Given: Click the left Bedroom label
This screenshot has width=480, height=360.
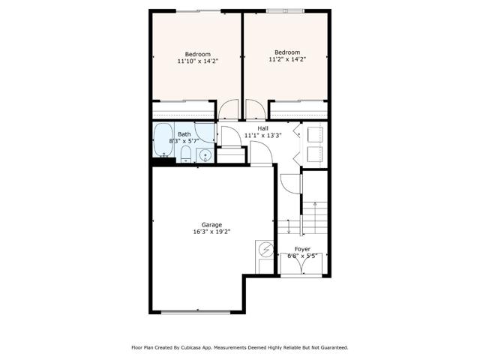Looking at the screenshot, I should [x=198, y=54].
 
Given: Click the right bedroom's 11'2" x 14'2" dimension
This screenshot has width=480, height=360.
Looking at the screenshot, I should [x=288, y=59].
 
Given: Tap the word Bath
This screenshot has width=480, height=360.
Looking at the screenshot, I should [x=184, y=133].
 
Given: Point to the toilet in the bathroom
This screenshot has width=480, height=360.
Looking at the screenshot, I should [x=184, y=155].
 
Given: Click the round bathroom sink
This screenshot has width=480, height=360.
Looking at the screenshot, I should [x=203, y=155].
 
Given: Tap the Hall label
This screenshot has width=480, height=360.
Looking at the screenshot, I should [x=262, y=128].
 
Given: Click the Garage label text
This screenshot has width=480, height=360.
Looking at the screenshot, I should [x=211, y=224].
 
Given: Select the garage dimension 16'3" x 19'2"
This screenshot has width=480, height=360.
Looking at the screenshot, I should [x=211, y=232].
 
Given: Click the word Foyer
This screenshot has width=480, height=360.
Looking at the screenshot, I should [x=302, y=248].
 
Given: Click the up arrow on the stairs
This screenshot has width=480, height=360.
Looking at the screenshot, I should [x=315, y=205].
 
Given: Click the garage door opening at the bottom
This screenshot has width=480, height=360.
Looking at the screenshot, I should [x=198, y=311].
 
